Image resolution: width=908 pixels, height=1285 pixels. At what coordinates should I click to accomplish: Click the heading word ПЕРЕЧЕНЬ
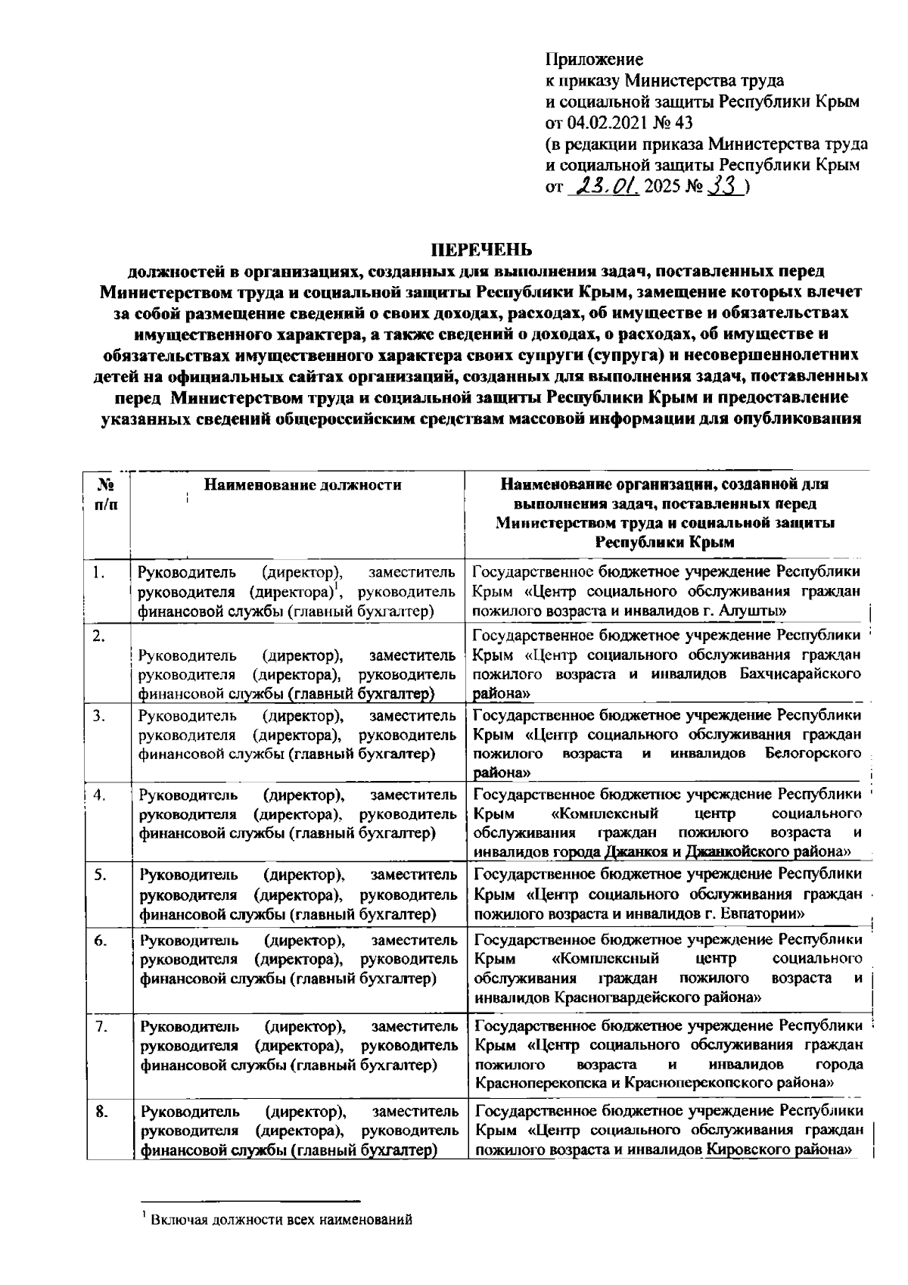pyautogui.click(x=481, y=250)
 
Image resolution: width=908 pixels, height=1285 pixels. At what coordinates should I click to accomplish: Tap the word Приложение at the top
pyautogui.click(x=594, y=59)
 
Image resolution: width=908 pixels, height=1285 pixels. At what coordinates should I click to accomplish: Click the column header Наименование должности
pyautogui.click(x=303, y=484)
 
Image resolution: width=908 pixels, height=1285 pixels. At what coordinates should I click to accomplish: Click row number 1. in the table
pyautogui.click(x=99, y=572)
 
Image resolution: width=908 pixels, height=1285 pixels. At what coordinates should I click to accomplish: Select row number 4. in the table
pyautogui.click(x=99, y=795)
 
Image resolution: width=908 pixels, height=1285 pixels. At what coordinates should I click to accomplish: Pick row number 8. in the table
pyautogui.click(x=101, y=1112)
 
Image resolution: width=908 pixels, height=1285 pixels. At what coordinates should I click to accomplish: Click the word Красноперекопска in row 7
pyautogui.click(x=542, y=1083)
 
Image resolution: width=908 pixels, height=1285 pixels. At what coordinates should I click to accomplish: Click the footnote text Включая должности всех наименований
pyautogui.click(x=281, y=1219)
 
